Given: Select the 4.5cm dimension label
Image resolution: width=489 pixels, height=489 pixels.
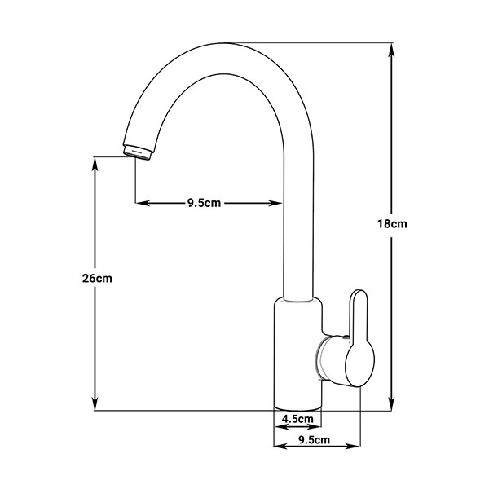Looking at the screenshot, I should (297, 419).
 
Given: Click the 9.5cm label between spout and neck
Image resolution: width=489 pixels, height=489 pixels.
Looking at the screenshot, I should (204, 203).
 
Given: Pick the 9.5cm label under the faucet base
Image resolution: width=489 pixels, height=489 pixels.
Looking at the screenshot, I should (315, 440).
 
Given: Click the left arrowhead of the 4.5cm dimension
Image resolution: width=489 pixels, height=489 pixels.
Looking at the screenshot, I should (278, 425).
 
